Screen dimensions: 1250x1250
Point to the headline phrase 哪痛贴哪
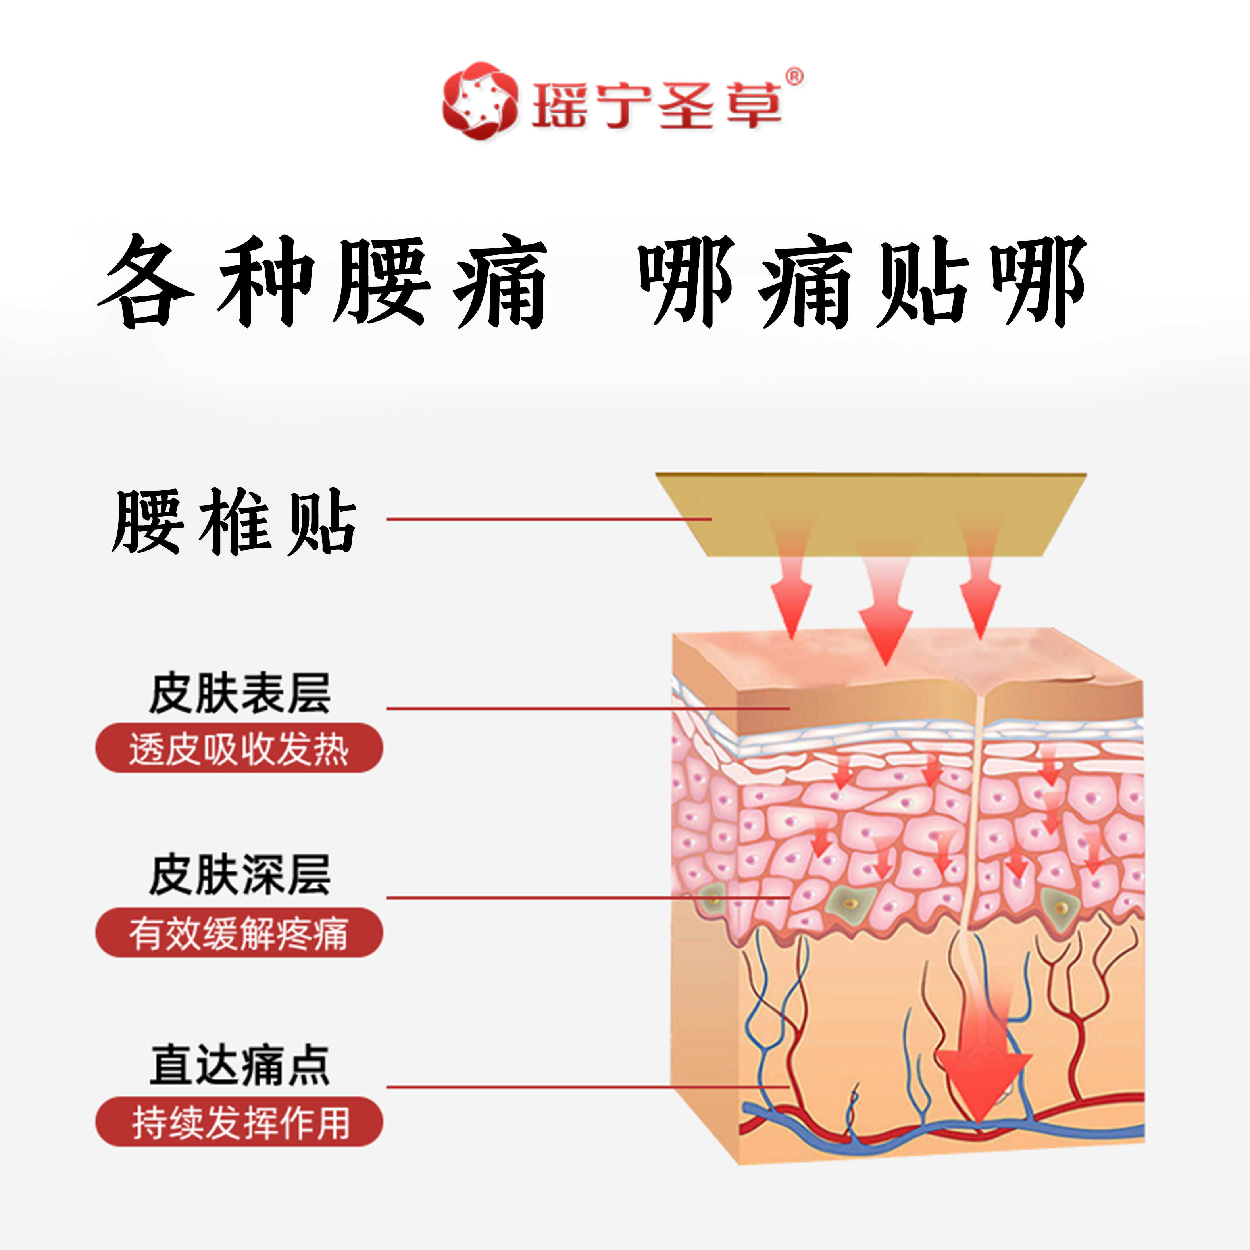point(862,282)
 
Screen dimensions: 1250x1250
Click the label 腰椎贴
point(234,521)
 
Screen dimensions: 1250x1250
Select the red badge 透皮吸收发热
point(239,748)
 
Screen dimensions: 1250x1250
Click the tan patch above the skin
point(867,511)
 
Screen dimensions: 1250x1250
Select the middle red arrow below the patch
point(885,621)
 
